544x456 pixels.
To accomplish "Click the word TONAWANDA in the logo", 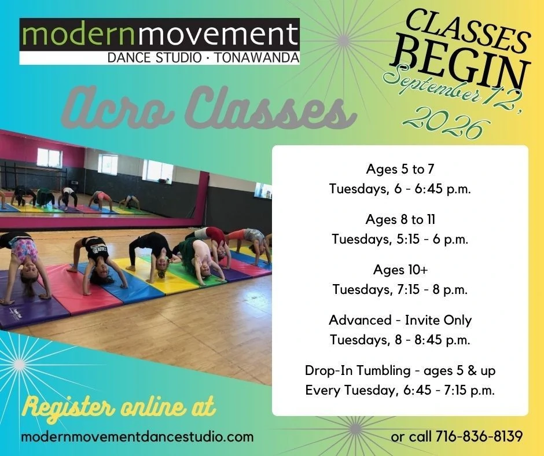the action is [x=257, y=58].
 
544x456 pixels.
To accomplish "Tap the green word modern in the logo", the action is [x=78, y=34].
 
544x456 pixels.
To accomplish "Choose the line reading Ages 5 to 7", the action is [x=400, y=169].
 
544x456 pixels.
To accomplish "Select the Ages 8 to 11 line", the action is [x=400, y=219].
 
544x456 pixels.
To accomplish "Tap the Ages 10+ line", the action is [x=400, y=270].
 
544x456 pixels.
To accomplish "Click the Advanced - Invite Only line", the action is [x=400, y=320].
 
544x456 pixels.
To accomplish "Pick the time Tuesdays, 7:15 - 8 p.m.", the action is [x=400, y=289].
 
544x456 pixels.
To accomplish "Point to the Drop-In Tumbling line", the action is [x=400, y=370].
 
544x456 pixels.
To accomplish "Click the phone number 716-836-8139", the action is [x=479, y=436].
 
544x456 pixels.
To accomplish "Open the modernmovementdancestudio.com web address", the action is [x=137, y=436].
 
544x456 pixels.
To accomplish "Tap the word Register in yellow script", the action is [x=69, y=407].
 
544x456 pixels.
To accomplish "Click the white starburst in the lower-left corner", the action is [x=20, y=365].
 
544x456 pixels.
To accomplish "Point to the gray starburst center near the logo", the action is [x=343, y=41].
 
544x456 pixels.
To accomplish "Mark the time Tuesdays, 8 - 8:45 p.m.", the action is [x=400, y=340].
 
